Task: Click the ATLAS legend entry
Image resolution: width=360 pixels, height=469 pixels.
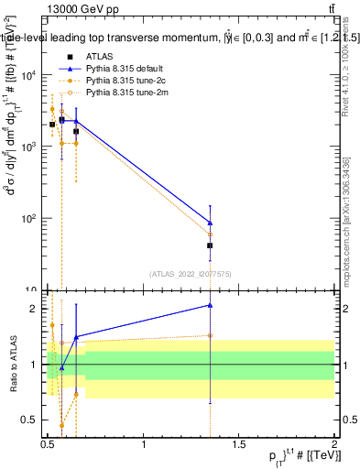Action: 101,57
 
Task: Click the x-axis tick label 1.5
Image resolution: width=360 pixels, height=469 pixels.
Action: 239,445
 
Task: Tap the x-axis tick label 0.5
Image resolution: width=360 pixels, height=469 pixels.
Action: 48,445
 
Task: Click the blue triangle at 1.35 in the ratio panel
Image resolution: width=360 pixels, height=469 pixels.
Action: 211,305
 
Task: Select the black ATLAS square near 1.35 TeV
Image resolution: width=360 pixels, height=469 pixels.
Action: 211,245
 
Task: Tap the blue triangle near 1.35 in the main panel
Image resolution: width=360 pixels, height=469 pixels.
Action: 211,223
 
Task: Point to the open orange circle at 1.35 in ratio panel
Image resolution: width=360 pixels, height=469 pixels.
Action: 211,335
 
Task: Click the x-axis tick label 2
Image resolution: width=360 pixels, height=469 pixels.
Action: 333,445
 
